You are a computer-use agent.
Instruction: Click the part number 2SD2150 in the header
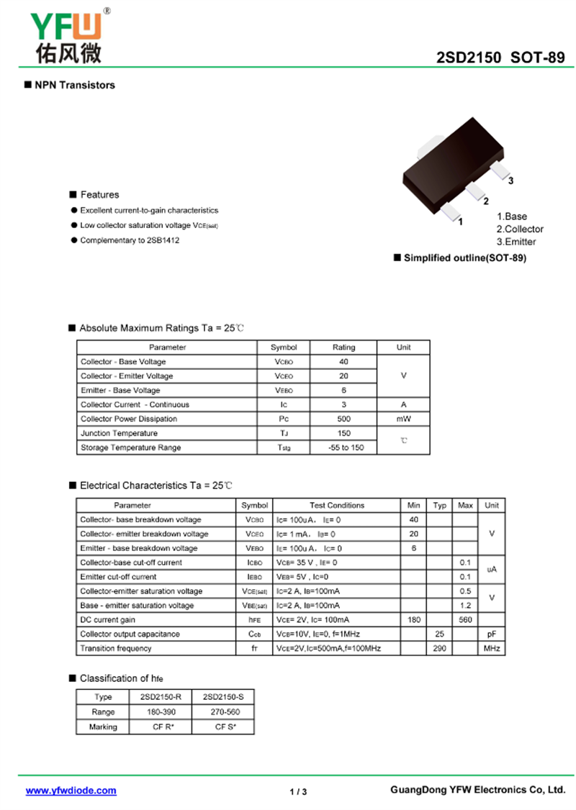tap(468, 58)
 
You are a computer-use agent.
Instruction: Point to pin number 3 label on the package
tap(510, 181)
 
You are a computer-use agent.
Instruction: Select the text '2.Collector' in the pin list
tap(521, 229)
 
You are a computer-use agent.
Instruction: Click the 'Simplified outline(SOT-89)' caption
tap(464, 258)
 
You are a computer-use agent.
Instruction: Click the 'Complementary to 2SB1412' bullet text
tap(130, 240)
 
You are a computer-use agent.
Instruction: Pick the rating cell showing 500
tap(343, 419)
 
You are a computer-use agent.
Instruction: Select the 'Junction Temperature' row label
tap(119, 433)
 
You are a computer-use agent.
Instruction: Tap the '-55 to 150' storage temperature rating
tap(343, 447)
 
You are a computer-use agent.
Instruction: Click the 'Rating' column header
tap(343, 347)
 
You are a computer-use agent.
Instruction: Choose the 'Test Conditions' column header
tap(337, 505)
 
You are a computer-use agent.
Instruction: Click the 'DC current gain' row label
tap(108, 619)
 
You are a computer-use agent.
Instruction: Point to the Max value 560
tap(465, 619)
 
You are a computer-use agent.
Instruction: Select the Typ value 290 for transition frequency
tap(439, 648)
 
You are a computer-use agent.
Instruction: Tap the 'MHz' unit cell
tap(492, 648)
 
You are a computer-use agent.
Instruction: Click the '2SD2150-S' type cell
tap(223, 697)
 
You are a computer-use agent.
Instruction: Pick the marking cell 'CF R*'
tap(163, 727)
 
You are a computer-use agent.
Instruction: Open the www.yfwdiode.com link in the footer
tap(71, 791)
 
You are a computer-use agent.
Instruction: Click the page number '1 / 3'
tap(298, 792)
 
